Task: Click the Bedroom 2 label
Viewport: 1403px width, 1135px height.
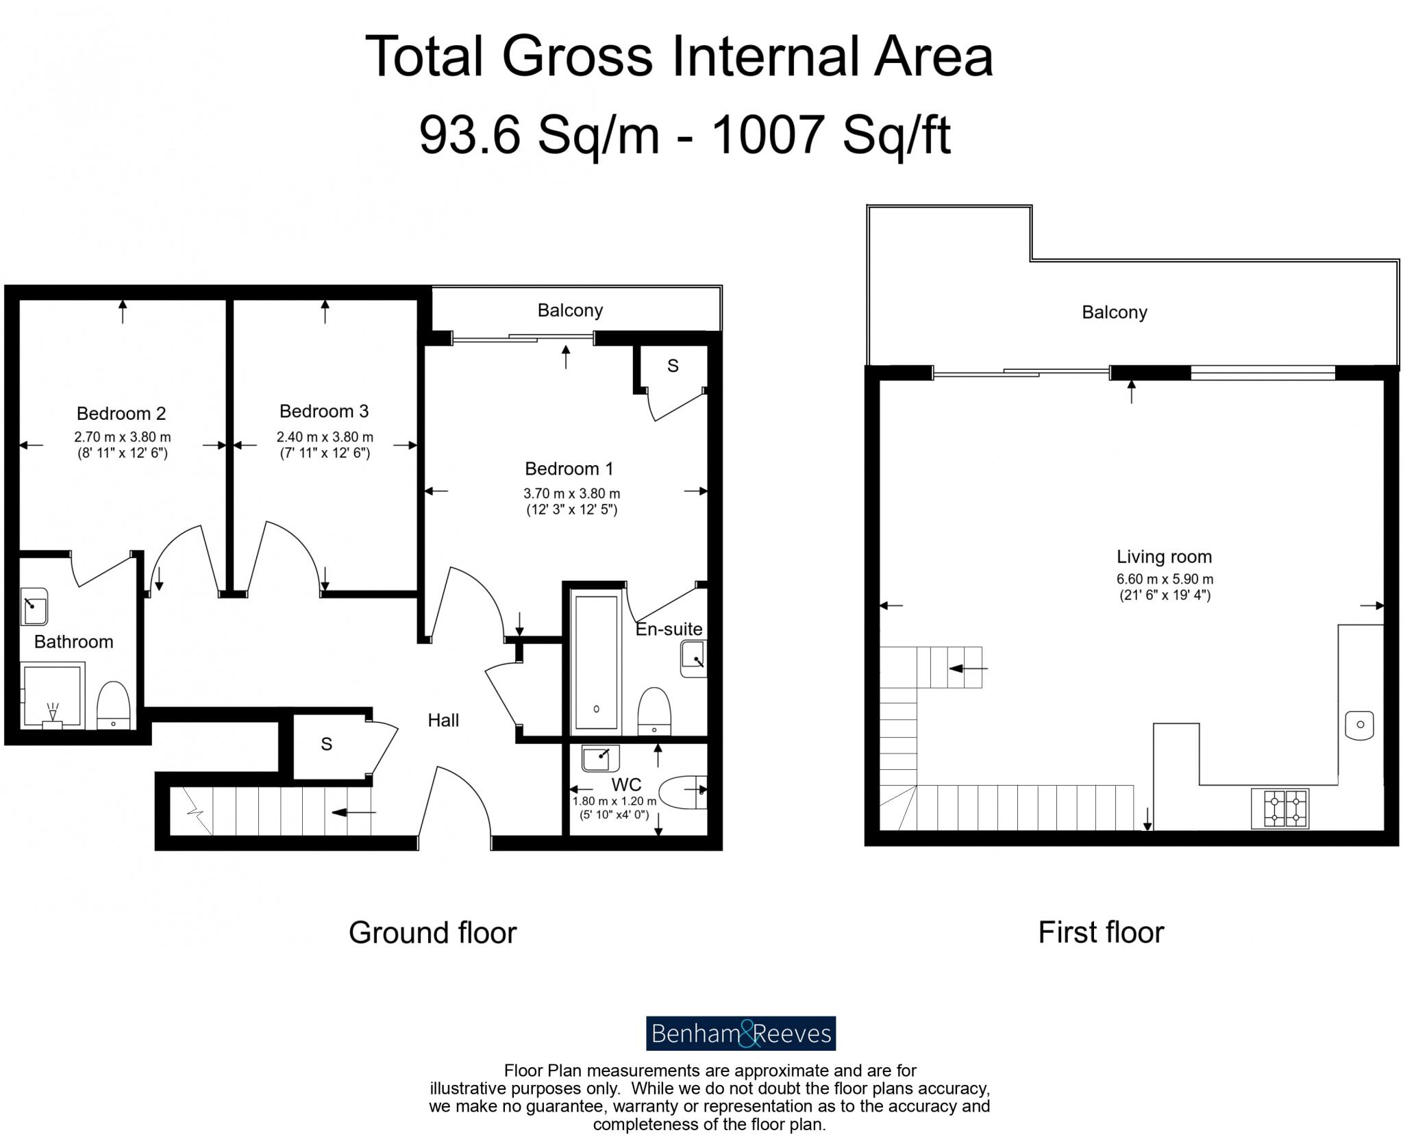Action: [121, 414]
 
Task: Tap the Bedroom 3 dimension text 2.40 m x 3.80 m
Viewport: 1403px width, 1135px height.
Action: [325, 437]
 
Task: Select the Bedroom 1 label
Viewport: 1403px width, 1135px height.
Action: [569, 469]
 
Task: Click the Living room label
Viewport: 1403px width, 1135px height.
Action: [1164, 557]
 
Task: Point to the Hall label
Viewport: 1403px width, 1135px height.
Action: [443, 720]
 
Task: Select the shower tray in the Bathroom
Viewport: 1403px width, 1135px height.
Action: [53, 695]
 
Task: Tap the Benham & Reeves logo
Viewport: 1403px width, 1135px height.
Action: [741, 1033]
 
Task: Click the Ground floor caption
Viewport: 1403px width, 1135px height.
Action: [432, 933]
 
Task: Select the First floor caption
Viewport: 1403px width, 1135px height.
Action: [1101, 932]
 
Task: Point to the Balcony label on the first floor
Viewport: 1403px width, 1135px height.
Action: [1114, 312]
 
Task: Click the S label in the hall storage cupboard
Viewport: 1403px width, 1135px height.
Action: [327, 744]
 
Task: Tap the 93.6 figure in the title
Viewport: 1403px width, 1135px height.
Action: [470, 134]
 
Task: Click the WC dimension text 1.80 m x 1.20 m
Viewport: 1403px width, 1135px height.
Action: [614, 801]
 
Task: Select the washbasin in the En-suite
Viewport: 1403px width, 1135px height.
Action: [693, 659]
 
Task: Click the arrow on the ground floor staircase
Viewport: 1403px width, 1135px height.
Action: [354, 812]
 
